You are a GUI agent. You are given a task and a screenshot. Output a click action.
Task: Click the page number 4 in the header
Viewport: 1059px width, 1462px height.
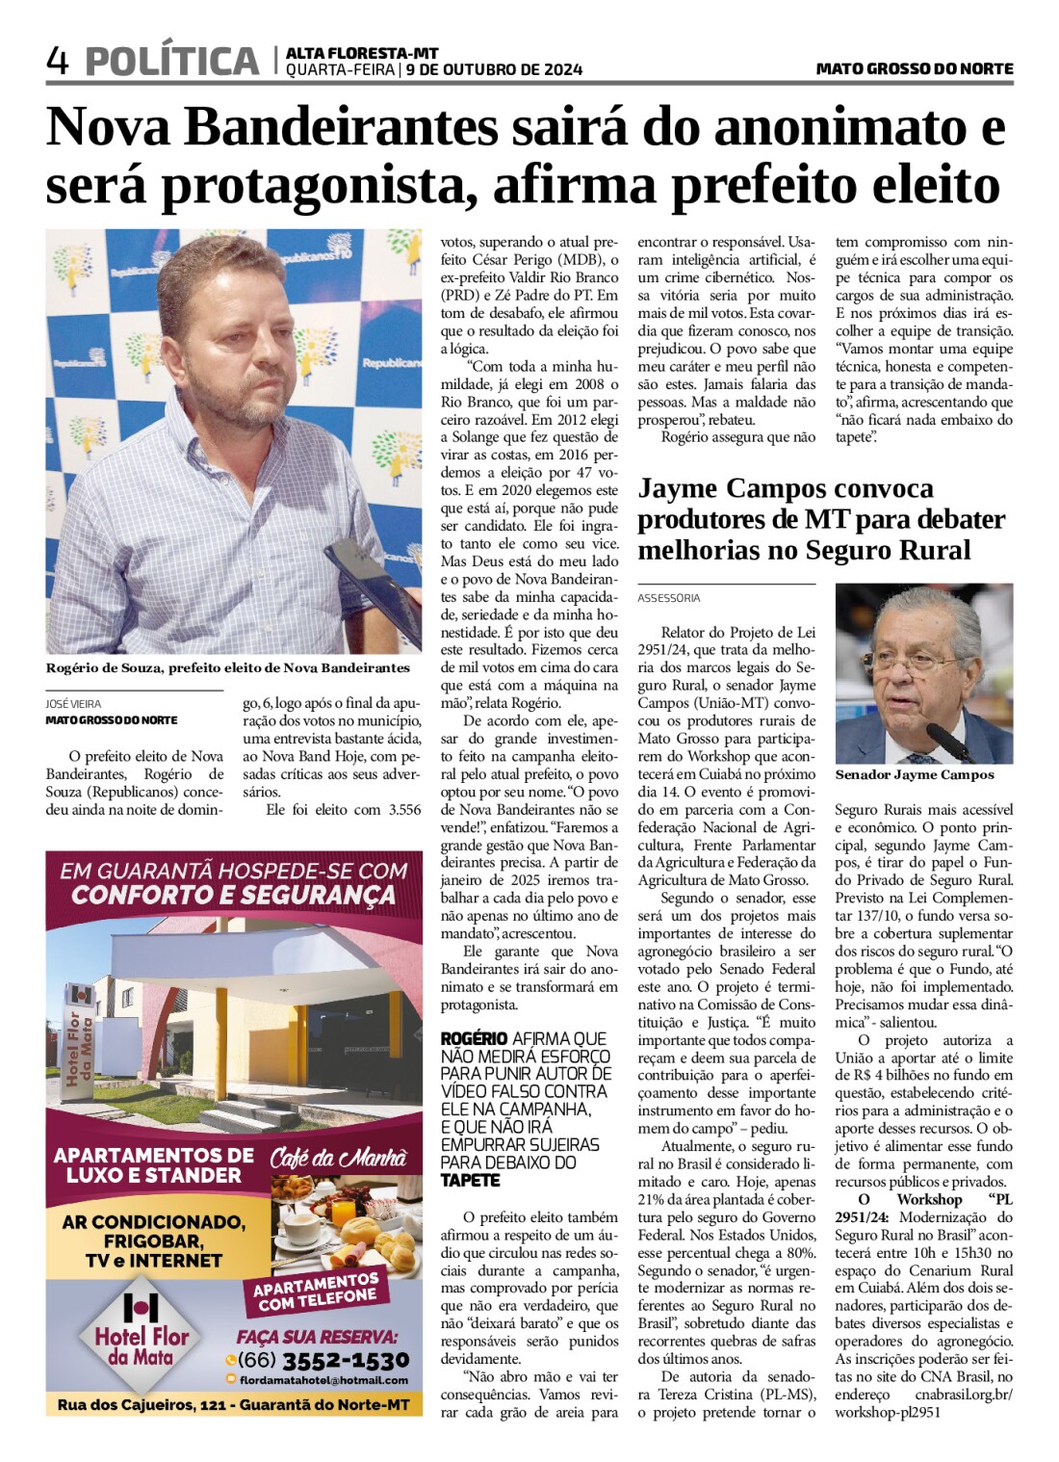(x=58, y=62)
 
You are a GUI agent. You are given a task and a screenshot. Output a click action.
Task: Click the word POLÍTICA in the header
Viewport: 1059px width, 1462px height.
(x=172, y=62)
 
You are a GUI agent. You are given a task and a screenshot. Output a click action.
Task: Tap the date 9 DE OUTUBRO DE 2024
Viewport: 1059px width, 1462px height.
(x=494, y=69)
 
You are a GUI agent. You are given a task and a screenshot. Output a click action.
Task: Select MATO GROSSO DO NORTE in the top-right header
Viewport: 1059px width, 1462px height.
(x=914, y=69)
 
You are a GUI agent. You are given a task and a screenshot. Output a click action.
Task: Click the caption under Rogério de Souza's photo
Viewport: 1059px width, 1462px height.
(x=228, y=667)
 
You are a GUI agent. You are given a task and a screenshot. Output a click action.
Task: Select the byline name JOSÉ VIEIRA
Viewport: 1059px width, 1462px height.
(x=73, y=704)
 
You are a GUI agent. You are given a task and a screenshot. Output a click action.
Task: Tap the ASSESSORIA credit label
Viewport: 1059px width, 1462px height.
(x=668, y=598)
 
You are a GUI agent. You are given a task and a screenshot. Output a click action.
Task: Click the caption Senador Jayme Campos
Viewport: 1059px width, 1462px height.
(x=914, y=774)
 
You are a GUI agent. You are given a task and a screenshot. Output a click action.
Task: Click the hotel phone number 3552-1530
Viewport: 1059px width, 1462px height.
(x=346, y=1360)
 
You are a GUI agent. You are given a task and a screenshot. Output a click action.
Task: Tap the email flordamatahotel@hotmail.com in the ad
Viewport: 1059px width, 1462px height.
(x=323, y=1380)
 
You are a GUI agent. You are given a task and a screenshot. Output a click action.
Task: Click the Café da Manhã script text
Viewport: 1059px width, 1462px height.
(x=338, y=1158)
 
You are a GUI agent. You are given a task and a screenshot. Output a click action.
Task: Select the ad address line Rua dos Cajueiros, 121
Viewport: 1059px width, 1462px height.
(x=234, y=1405)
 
